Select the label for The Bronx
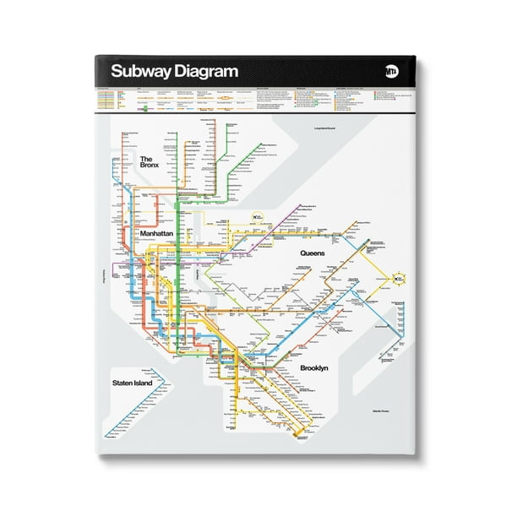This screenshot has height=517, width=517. (x=149, y=162)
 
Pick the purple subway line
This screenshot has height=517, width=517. (x=253, y=245)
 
